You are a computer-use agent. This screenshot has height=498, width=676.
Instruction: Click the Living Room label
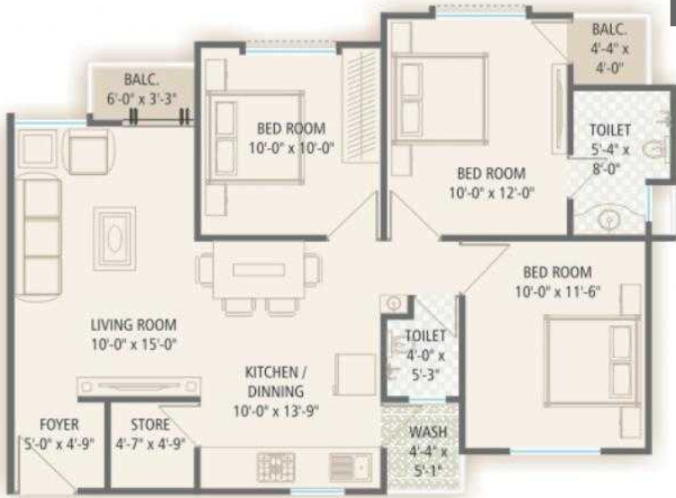click(x=132, y=324)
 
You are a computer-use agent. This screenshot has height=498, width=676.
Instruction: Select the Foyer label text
click(x=59, y=425)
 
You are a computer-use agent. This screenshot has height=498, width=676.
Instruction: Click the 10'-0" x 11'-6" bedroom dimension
click(x=558, y=290)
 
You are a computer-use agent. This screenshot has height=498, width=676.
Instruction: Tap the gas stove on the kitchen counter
click(x=275, y=466)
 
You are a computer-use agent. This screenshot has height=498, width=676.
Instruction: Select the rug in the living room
click(x=116, y=236)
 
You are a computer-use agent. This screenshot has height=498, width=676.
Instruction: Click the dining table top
click(x=260, y=269)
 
